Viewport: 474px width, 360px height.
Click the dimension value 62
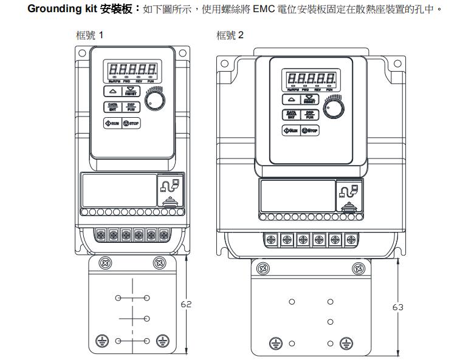186,304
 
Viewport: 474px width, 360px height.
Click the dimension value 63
397,307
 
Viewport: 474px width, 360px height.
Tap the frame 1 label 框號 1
89,35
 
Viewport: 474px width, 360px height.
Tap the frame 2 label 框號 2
230,35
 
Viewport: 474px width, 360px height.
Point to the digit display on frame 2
310,78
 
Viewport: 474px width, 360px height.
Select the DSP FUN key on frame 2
309,115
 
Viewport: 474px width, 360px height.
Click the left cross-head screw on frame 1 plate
106,263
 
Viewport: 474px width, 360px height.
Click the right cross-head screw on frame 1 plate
159,263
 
